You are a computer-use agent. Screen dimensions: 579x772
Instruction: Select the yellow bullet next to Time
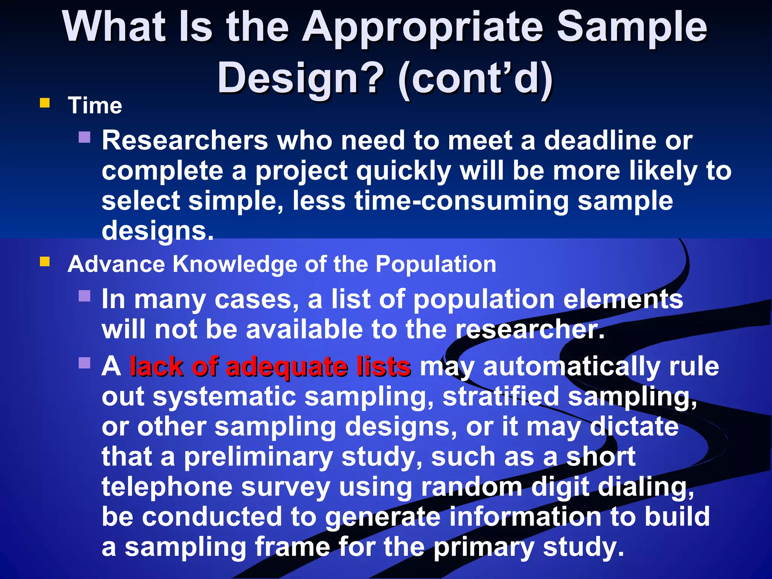[45, 103]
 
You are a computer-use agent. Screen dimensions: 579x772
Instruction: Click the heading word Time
[95, 106]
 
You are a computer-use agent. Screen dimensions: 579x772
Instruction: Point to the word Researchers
[185, 141]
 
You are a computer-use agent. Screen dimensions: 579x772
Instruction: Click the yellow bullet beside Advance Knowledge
[45, 262]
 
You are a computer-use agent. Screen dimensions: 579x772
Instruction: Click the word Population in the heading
[436, 264]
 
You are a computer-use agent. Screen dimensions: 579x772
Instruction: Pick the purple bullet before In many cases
[84, 296]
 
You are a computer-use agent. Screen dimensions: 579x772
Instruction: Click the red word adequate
[286, 367]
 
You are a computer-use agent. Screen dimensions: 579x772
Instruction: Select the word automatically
[571, 367]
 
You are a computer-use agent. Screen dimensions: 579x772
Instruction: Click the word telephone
[167, 487]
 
